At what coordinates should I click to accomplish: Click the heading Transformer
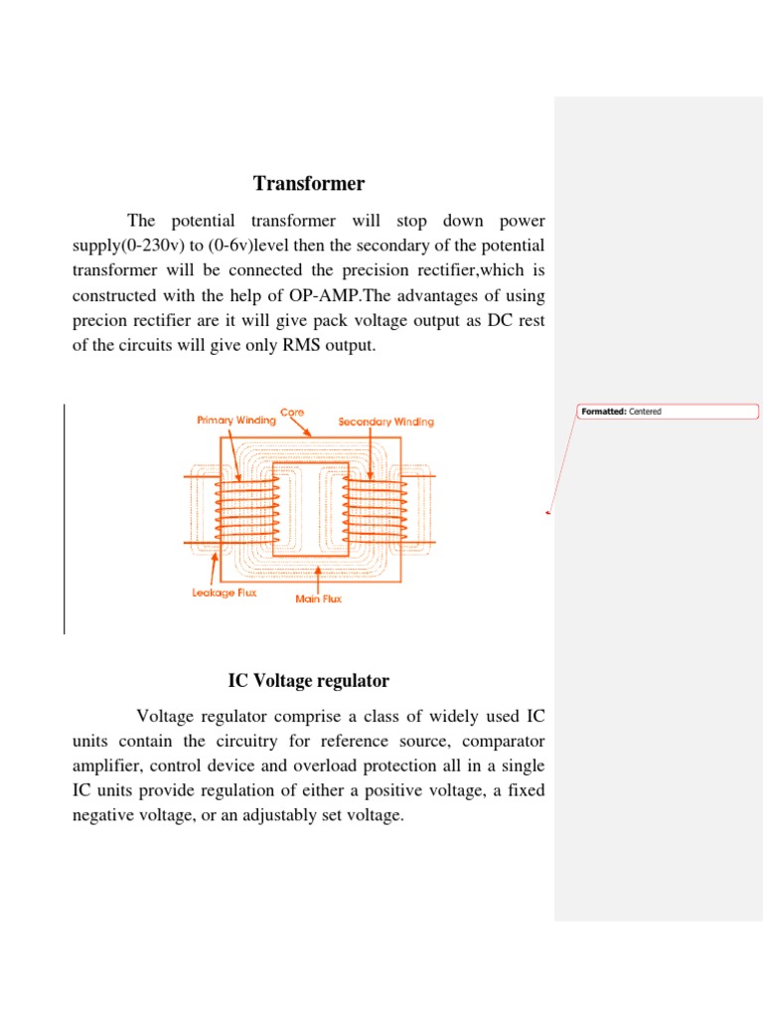[x=309, y=184]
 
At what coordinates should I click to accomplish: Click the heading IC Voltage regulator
[x=309, y=681]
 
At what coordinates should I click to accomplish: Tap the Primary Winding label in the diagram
[x=235, y=421]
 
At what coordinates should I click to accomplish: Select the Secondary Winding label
[x=386, y=422]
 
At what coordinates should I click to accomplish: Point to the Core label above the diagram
[x=292, y=412]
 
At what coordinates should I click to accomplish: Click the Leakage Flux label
[x=225, y=593]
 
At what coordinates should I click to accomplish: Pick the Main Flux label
[x=319, y=599]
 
